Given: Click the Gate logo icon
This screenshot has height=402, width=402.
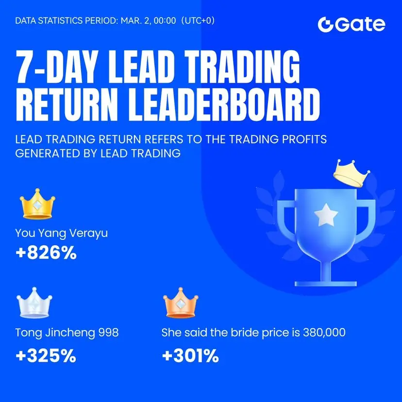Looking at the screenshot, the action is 326,25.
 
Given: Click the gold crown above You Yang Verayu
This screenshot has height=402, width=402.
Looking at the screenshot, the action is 37,204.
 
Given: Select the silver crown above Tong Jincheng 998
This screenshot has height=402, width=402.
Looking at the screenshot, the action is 34,303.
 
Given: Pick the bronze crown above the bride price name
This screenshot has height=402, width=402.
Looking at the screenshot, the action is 181,303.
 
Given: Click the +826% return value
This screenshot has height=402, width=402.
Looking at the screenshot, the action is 46,252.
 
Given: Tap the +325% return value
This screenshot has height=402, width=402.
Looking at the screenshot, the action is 46,355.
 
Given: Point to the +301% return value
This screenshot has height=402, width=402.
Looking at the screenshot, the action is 190,355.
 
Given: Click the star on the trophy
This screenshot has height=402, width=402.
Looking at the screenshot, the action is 326,215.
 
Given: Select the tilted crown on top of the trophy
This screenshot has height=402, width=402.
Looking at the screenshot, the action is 352,173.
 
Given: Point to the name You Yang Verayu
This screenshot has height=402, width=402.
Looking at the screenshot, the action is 62,234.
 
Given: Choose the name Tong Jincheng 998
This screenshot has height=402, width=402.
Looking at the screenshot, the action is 67,333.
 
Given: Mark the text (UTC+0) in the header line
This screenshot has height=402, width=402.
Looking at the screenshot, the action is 198,20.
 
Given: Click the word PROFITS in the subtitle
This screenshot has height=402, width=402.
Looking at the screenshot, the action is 304,139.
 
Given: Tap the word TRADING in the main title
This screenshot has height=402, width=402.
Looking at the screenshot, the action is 242,66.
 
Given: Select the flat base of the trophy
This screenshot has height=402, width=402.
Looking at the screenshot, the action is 326,284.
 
